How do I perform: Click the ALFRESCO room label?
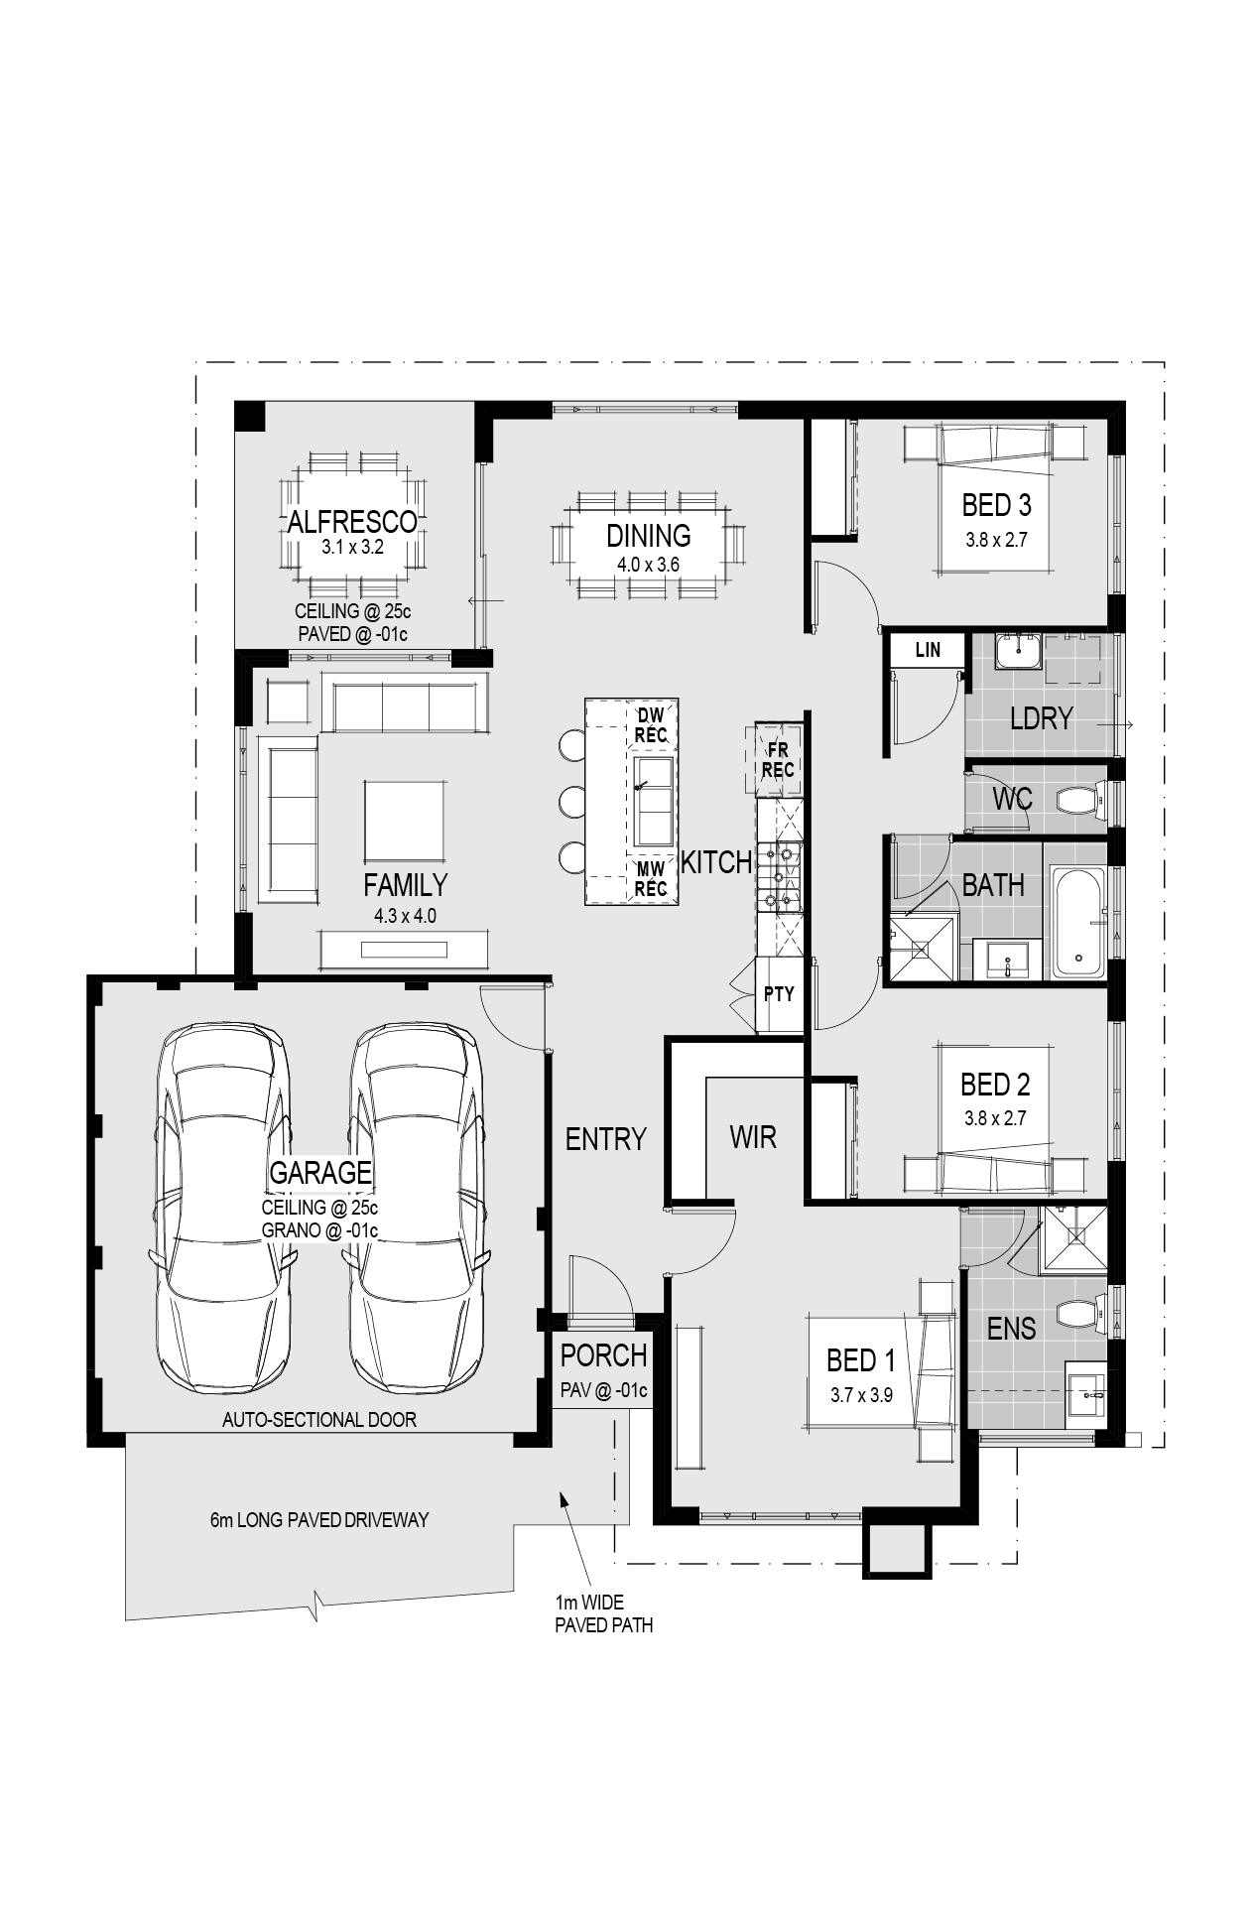point(352,521)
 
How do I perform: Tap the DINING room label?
point(649,536)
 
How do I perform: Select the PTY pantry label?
point(779,993)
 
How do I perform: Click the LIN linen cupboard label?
point(928,650)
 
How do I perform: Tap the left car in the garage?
point(222,1208)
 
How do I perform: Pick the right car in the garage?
point(417,1208)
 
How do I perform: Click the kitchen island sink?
point(653,801)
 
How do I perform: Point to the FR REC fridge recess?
point(778,761)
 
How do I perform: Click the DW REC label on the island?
point(651,725)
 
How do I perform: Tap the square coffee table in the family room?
point(405,821)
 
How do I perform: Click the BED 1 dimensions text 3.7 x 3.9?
point(861,1394)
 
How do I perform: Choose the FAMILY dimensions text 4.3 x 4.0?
point(405,916)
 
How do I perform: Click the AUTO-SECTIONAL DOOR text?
point(319,1419)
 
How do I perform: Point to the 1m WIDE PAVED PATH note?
point(604,1613)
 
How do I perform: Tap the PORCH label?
point(603,1355)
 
